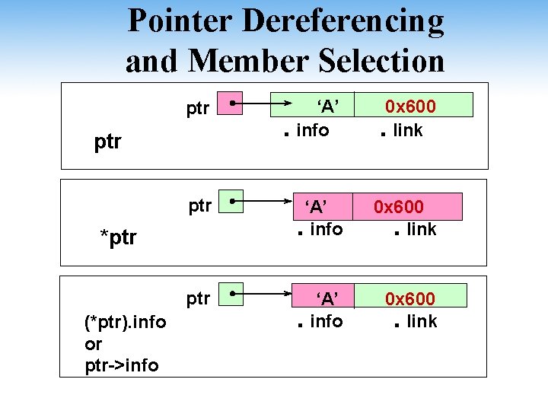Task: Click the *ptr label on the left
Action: (x=119, y=237)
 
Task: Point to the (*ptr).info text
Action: (x=126, y=322)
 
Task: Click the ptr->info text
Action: (x=122, y=366)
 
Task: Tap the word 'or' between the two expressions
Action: (x=94, y=344)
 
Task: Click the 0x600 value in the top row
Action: (x=410, y=106)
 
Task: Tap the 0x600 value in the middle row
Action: (x=398, y=206)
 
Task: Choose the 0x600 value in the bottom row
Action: (x=409, y=298)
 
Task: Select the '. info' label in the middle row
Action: (x=320, y=230)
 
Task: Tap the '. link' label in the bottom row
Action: (x=416, y=322)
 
